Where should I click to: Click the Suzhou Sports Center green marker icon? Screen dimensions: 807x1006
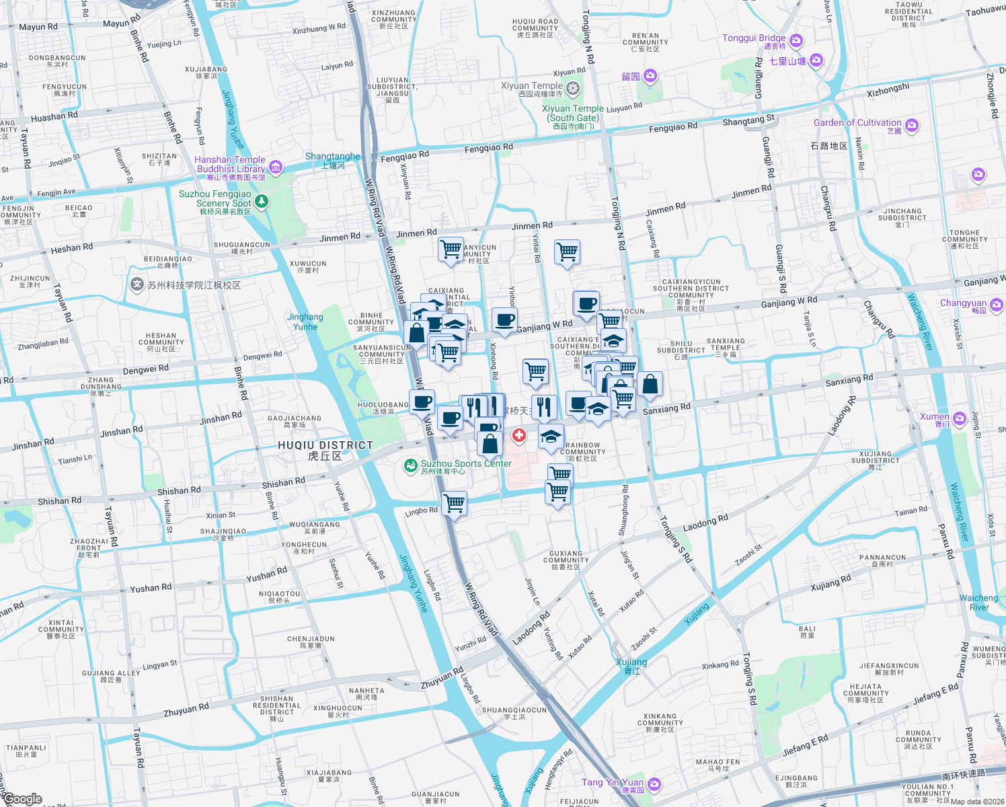(410, 465)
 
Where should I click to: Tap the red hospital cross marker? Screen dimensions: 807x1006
(519, 436)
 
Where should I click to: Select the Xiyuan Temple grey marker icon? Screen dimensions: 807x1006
(573, 88)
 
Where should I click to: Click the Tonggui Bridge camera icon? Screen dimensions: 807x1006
(796, 41)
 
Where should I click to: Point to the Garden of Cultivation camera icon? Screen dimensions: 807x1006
(912, 125)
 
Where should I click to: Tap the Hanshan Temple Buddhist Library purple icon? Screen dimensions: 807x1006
(276, 167)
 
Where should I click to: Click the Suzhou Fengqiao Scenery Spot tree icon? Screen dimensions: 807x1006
(262, 200)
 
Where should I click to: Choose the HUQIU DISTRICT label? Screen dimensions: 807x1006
(325, 446)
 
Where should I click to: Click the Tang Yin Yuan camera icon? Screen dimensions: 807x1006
(654, 784)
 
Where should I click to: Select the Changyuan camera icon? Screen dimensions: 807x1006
(997, 305)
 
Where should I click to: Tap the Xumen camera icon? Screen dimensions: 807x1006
(960, 419)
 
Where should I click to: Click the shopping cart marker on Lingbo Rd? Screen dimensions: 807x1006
(455, 502)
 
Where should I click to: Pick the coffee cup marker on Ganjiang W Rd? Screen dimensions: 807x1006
(504, 320)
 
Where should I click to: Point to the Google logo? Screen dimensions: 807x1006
(23, 799)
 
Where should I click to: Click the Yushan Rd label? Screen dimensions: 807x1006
(266, 576)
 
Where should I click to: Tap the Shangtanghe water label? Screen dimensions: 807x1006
(333, 156)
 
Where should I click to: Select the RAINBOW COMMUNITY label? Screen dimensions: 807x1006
(582, 449)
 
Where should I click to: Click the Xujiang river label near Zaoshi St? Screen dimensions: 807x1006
(631, 662)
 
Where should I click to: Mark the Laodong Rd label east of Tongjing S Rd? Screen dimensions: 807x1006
(705, 523)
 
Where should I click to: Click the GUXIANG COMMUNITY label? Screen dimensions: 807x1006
(566, 557)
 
